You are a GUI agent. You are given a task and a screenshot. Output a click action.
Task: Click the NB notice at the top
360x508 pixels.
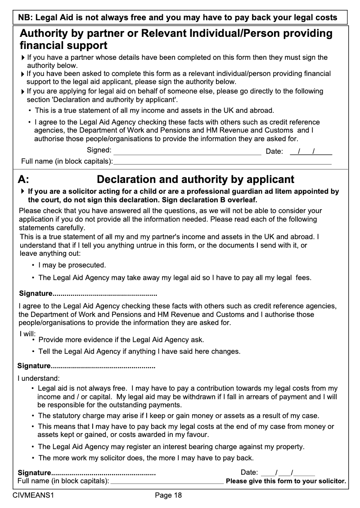(x=177, y=18)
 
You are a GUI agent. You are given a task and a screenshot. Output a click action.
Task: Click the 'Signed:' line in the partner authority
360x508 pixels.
(x=187, y=152)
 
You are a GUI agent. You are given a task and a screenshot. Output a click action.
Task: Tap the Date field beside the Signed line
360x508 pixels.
(x=311, y=152)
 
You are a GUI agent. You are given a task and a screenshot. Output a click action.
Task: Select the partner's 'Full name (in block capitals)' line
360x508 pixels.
(x=222, y=161)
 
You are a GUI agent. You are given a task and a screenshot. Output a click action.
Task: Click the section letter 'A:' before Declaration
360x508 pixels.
(x=24, y=180)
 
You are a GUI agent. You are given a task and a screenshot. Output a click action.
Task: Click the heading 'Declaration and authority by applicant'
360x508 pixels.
(x=196, y=180)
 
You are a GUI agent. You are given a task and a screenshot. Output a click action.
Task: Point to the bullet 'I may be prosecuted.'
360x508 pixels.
(x=72, y=265)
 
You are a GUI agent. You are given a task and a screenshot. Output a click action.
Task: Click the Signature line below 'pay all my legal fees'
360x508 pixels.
(x=104, y=294)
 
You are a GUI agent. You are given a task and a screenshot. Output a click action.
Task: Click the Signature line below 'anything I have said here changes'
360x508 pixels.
(x=103, y=366)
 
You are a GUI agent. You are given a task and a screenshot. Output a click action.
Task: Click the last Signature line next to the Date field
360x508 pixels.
(x=103, y=473)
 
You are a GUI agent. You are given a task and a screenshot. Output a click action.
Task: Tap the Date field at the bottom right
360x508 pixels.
(x=288, y=473)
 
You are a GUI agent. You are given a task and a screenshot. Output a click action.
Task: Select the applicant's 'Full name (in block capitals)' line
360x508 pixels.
(x=167, y=482)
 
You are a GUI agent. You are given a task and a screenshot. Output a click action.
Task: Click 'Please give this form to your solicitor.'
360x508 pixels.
(x=286, y=481)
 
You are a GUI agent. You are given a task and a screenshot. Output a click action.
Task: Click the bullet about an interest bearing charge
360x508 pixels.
(x=171, y=447)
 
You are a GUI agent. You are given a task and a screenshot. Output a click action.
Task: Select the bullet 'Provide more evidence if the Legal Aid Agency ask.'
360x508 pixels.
(x=121, y=340)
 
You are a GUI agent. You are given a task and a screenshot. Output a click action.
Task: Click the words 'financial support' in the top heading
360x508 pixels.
(x=63, y=45)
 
